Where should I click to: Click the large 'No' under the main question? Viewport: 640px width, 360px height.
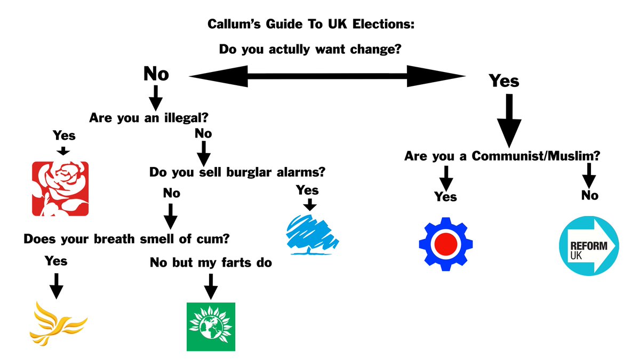point(156,74)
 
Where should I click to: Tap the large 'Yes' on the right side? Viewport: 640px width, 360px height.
point(504,81)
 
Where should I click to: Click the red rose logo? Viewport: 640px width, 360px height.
point(60,189)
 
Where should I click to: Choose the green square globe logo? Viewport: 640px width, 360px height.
point(211,326)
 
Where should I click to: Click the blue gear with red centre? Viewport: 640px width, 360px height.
point(446,244)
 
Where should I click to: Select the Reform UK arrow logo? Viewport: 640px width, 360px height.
point(588,246)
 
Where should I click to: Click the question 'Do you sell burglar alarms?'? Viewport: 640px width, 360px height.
point(237,173)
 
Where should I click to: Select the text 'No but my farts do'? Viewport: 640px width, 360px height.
point(211,262)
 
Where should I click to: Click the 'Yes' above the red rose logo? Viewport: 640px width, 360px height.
point(64,135)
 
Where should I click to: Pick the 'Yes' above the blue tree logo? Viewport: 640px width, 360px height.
point(307,190)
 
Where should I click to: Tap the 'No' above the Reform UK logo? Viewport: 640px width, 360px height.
point(589,195)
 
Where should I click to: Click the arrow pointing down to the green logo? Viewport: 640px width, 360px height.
point(211,286)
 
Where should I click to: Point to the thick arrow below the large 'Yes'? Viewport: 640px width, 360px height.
point(509,121)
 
